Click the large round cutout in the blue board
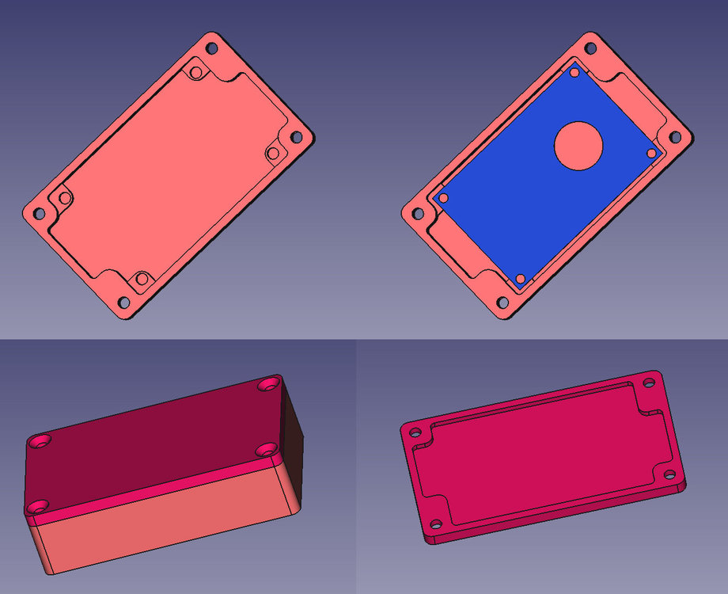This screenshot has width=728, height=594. point(578,146)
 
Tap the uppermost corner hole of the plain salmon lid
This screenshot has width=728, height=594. point(212,48)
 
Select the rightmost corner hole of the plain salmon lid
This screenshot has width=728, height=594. point(297,137)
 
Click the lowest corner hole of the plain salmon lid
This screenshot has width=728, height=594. point(123,303)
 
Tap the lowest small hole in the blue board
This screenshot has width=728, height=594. point(520,278)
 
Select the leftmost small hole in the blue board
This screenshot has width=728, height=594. point(444,197)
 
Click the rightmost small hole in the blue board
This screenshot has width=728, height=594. point(651,153)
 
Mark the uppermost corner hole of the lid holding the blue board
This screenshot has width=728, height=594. point(591,48)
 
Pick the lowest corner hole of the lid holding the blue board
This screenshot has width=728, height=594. point(502,303)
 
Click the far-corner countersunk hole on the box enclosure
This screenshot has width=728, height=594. point(267,385)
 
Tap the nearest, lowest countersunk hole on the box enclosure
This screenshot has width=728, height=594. point(36,505)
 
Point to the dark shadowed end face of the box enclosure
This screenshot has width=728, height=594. point(293,451)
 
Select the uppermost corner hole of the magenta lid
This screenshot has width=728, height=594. point(649,383)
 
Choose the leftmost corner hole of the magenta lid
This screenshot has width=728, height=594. point(413,432)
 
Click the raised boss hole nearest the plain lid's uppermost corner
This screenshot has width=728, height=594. point(196,74)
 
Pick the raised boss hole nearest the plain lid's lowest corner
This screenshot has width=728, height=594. point(142,279)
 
